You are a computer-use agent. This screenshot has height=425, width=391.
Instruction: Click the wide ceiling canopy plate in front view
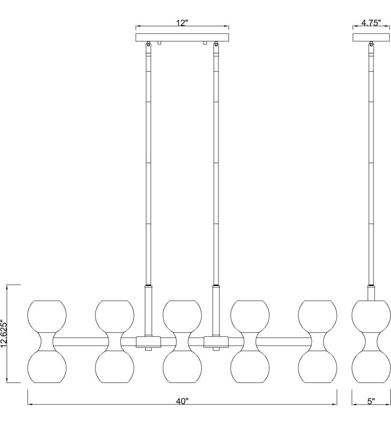(x=183, y=37)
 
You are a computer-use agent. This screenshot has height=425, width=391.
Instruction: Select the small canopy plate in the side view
(x=371, y=37)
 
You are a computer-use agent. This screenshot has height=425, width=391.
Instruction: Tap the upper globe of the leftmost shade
(x=47, y=316)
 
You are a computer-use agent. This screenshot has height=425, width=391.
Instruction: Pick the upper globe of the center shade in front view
(x=182, y=316)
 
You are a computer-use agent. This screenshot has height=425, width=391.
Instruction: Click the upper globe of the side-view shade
(x=371, y=316)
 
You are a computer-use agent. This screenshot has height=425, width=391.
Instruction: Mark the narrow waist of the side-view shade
(x=371, y=342)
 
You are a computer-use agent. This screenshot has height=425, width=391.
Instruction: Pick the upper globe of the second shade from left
(x=115, y=316)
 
